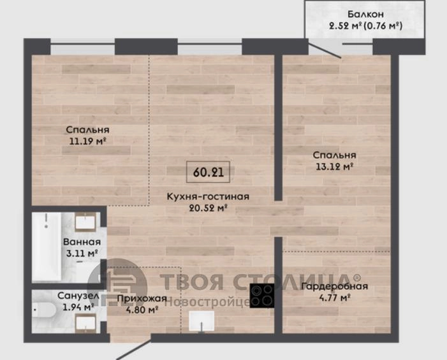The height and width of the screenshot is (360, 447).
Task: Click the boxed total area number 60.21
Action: click(x=208, y=172)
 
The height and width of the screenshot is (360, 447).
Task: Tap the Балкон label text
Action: click(x=365, y=14)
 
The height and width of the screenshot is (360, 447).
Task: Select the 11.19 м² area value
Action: click(x=88, y=141)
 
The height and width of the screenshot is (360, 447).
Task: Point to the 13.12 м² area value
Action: click(x=334, y=166)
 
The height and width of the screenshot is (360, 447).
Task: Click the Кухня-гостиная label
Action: click(x=208, y=196)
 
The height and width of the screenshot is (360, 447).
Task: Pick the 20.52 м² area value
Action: click(x=208, y=208)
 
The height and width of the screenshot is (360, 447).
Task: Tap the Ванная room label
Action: click(x=82, y=241)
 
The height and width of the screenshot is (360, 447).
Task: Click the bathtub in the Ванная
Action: click(x=47, y=247)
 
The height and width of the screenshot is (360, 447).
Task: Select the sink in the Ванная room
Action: click(x=85, y=222)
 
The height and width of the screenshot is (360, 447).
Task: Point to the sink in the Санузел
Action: click(x=85, y=323)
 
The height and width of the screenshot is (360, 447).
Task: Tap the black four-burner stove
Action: click(x=262, y=296)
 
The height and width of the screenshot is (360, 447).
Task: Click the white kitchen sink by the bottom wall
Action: click(x=202, y=321)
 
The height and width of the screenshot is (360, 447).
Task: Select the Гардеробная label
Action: click(x=334, y=286)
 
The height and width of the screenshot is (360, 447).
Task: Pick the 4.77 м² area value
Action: click(x=334, y=298)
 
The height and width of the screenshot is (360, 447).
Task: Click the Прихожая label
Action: click(x=142, y=298)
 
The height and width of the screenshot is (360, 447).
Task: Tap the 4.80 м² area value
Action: click(x=142, y=310)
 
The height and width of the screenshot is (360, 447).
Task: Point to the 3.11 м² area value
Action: click(x=82, y=253)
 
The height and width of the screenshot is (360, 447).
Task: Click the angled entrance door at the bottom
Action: click(x=133, y=349)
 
